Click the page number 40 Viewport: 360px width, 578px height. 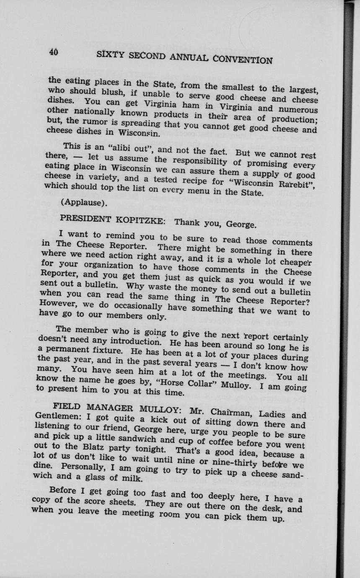tap(53, 52)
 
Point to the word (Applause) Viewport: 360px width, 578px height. tap(83, 204)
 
